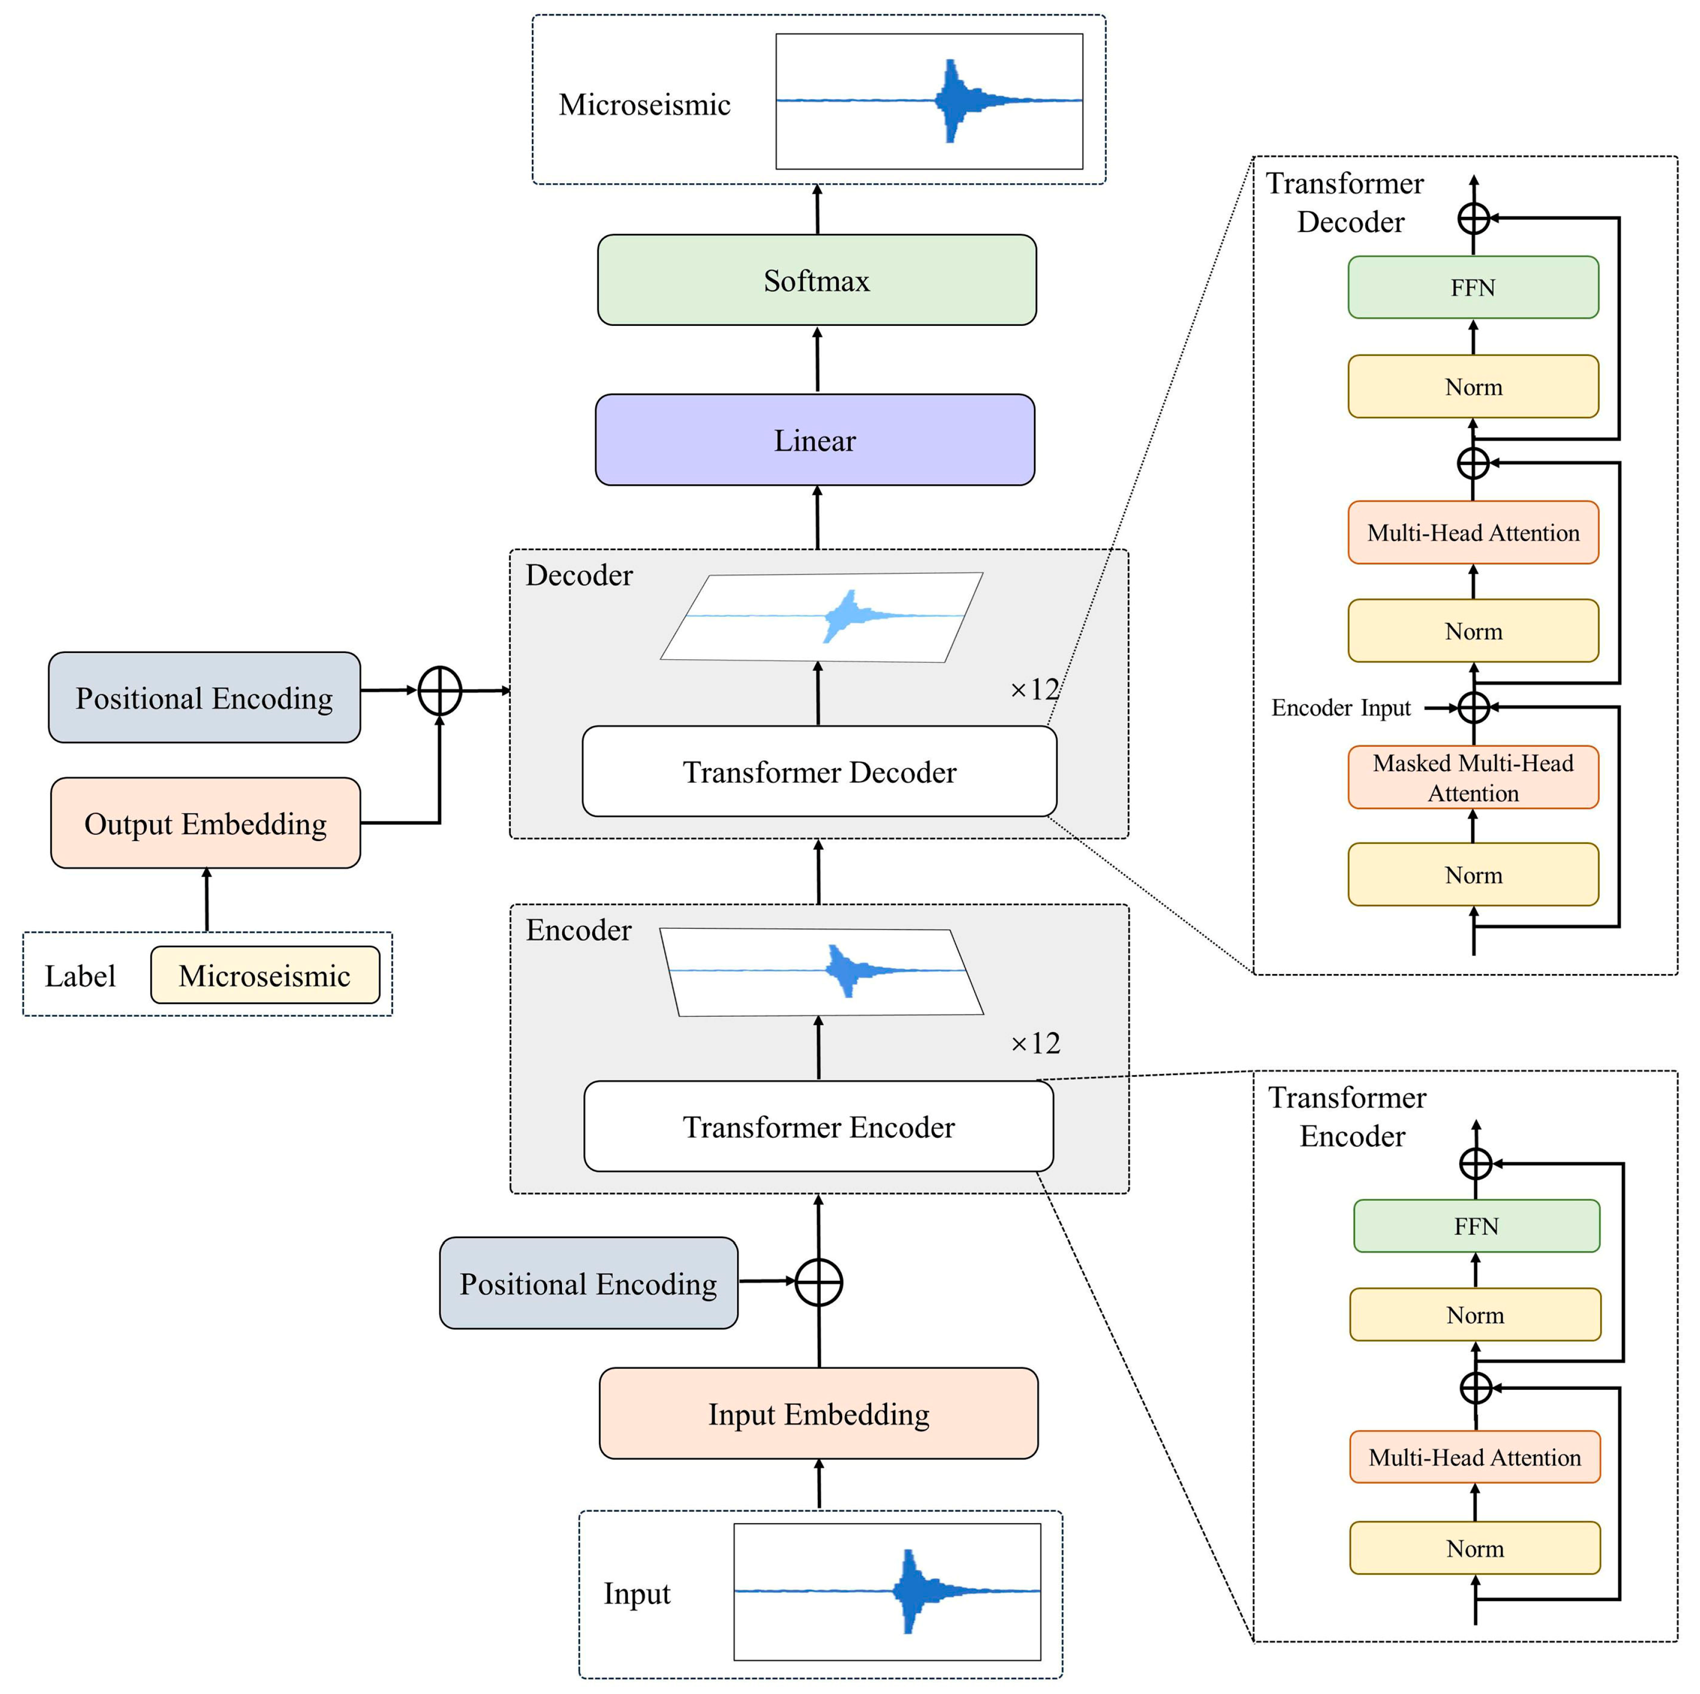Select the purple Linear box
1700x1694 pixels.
point(815,440)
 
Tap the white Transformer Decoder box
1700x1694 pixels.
point(819,772)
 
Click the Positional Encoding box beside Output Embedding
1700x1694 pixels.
point(204,698)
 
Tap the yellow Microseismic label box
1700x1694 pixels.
point(265,975)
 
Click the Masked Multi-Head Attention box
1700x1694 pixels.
point(1473,777)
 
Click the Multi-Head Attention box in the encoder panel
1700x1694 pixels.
point(1475,1458)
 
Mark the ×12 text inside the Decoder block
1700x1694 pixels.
point(1035,689)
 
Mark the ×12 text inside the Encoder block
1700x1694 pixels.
point(1035,1044)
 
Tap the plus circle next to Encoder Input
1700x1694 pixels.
point(1474,707)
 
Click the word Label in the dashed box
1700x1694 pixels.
point(80,976)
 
